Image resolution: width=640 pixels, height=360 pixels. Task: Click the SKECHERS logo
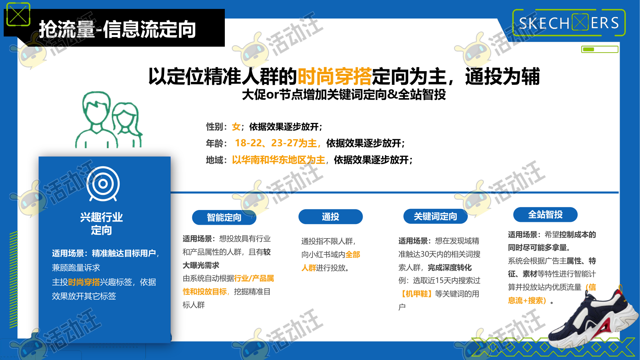[x=569, y=23]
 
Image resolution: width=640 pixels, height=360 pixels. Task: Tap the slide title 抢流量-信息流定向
[x=117, y=29]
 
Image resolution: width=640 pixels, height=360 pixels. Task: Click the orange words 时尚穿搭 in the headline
[x=334, y=77]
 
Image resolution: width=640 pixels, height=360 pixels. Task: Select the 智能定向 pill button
[x=224, y=217]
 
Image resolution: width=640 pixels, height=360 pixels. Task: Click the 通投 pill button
[x=330, y=217]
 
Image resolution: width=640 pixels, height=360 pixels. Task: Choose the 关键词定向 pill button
[x=435, y=216]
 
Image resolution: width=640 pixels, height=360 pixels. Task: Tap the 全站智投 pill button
[x=545, y=214]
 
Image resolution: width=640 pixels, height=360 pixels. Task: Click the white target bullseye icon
[x=103, y=184]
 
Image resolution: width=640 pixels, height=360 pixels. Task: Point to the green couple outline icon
[x=109, y=120]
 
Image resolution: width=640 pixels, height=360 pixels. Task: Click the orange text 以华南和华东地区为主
[x=279, y=160]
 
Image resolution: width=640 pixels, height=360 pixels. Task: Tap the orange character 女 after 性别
[x=236, y=127]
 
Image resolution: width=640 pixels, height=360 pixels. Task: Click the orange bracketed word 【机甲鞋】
[x=417, y=294]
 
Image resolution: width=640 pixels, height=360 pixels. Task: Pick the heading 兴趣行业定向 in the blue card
[x=101, y=224]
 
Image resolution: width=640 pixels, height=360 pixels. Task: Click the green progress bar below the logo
[x=600, y=49]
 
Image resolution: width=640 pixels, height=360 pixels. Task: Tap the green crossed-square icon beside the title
[x=18, y=14]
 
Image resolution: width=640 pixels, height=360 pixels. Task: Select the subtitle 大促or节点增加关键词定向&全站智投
[x=344, y=95]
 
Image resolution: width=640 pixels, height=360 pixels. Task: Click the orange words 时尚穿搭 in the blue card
[x=84, y=282]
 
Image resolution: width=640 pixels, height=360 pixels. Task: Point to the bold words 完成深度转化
[x=450, y=268]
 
